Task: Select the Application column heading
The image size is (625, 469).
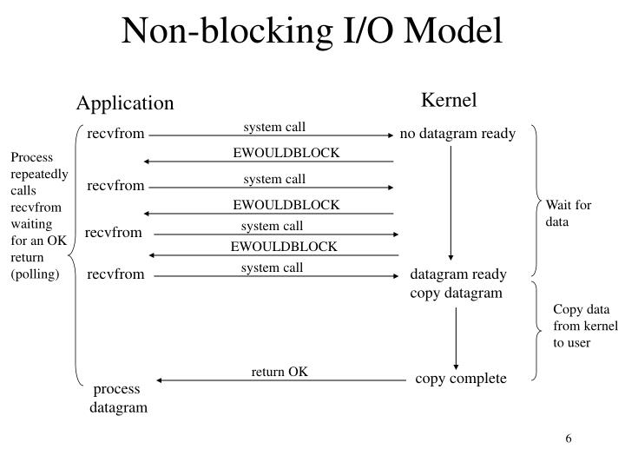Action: [x=125, y=103]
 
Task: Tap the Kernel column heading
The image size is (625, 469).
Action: [x=449, y=100]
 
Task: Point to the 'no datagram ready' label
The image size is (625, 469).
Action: [x=457, y=134]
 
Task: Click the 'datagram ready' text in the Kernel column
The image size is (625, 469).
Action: [x=457, y=274]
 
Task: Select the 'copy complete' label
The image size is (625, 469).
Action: [x=460, y=379]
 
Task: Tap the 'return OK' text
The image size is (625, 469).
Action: [x=280, y=372]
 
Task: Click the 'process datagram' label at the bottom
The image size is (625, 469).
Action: [x=119, y=398]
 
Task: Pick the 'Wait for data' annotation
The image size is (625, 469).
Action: [x=568, y=213]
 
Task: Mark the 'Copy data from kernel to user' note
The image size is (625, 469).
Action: [x=585, y=326]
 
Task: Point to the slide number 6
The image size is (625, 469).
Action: [x=569, y=438]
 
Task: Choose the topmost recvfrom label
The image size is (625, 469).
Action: [x=115, y=134]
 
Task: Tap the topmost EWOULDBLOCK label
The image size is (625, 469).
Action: [x=286, y=154]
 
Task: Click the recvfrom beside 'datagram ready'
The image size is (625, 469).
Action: [x=115, y=274]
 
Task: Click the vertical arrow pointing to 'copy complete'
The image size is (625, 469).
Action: [x=455, y=339]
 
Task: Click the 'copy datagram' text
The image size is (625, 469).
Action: [x=456, y=294]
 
